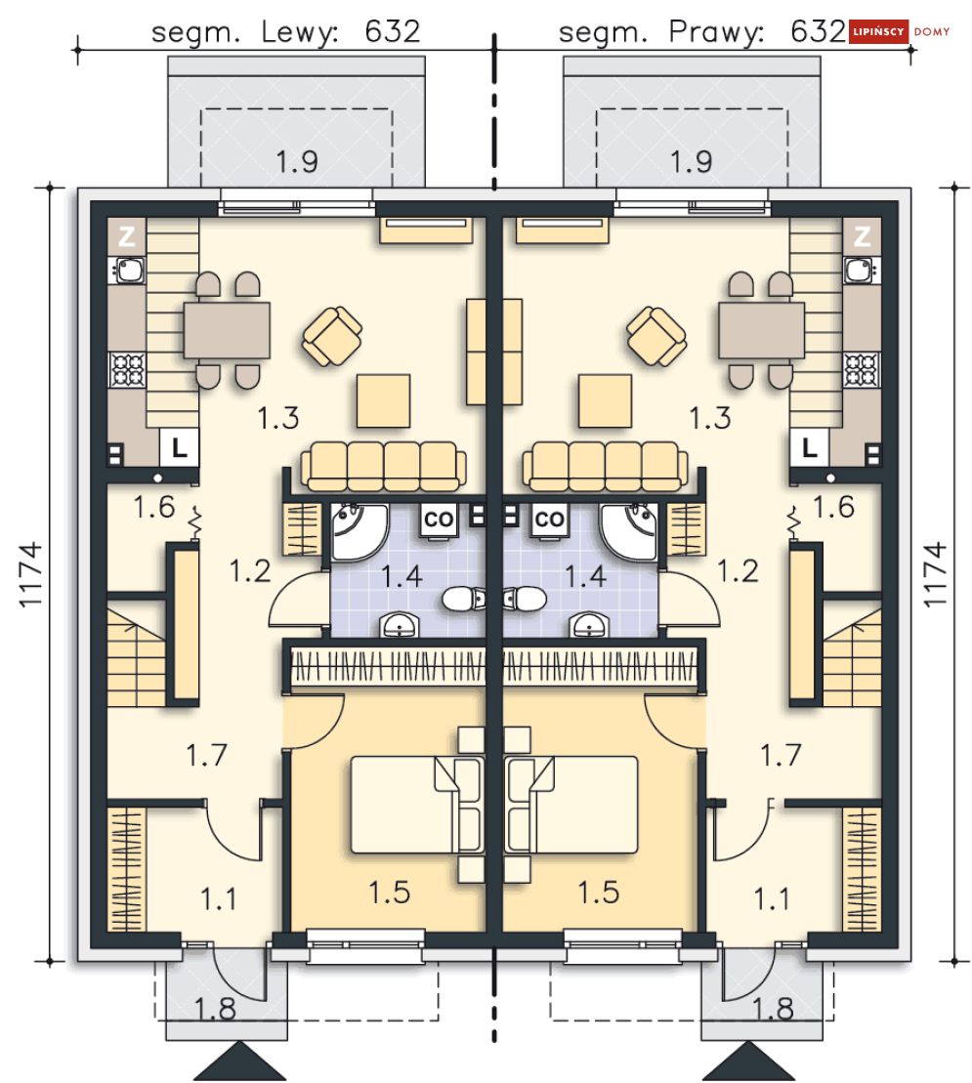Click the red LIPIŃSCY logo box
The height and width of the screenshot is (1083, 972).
[878, 31]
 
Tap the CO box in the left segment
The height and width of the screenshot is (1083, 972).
[438, 520]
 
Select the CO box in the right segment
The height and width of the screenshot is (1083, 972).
[550, 520]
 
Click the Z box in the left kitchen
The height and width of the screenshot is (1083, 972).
[126, 237]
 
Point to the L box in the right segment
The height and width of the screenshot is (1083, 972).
[809, 448]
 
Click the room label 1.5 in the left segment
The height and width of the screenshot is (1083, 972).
[389, 893]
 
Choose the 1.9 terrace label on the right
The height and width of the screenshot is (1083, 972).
[691, 162]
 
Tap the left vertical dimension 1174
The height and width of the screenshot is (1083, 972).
[30, 574]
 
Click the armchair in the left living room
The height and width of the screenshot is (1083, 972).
[332, 336]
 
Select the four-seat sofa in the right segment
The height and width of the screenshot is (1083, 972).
[605, 466]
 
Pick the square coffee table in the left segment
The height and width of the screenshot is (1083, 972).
[383, 400]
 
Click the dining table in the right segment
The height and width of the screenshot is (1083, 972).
[761, 330]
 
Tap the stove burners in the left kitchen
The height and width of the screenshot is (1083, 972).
[128, 369]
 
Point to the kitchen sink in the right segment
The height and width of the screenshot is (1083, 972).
[860, 271]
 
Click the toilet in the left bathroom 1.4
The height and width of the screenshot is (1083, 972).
[464, 599]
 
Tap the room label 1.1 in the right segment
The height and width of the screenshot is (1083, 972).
[773, 899]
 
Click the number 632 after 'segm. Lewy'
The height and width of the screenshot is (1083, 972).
[392, 31]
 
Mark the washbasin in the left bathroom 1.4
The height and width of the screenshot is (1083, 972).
[399, 625]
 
